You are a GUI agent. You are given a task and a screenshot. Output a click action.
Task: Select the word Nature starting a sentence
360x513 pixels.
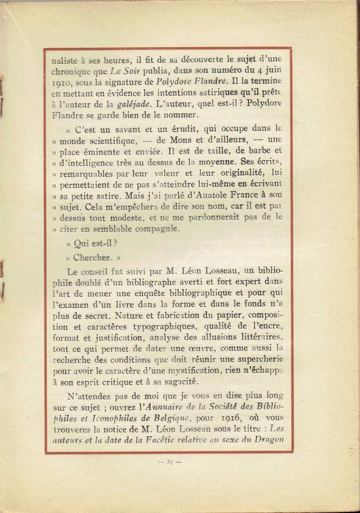point(129,315)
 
